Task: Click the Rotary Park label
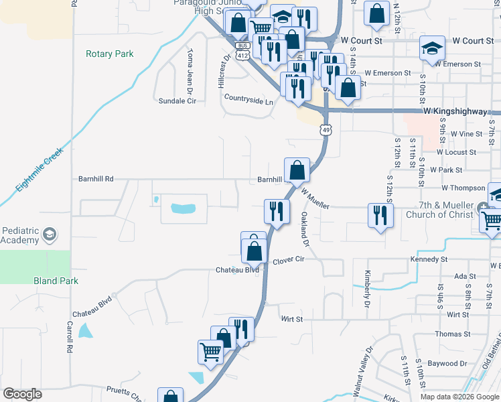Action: (x=110, y=54)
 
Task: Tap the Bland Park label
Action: (x=56, y=281)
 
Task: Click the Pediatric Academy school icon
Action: (x=49, y=234)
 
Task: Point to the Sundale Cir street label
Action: (x=177, y=101)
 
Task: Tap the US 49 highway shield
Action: (x=326, y=129)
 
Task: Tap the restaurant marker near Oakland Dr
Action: (x=277, y=211)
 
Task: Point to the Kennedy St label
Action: (x=429, y=259)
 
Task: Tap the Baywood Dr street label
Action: (x=448, y=363)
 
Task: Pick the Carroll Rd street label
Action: (x=70, y=336)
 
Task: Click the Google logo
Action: (x=22, y=394)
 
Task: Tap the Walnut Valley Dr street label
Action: (x=368, y=366)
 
